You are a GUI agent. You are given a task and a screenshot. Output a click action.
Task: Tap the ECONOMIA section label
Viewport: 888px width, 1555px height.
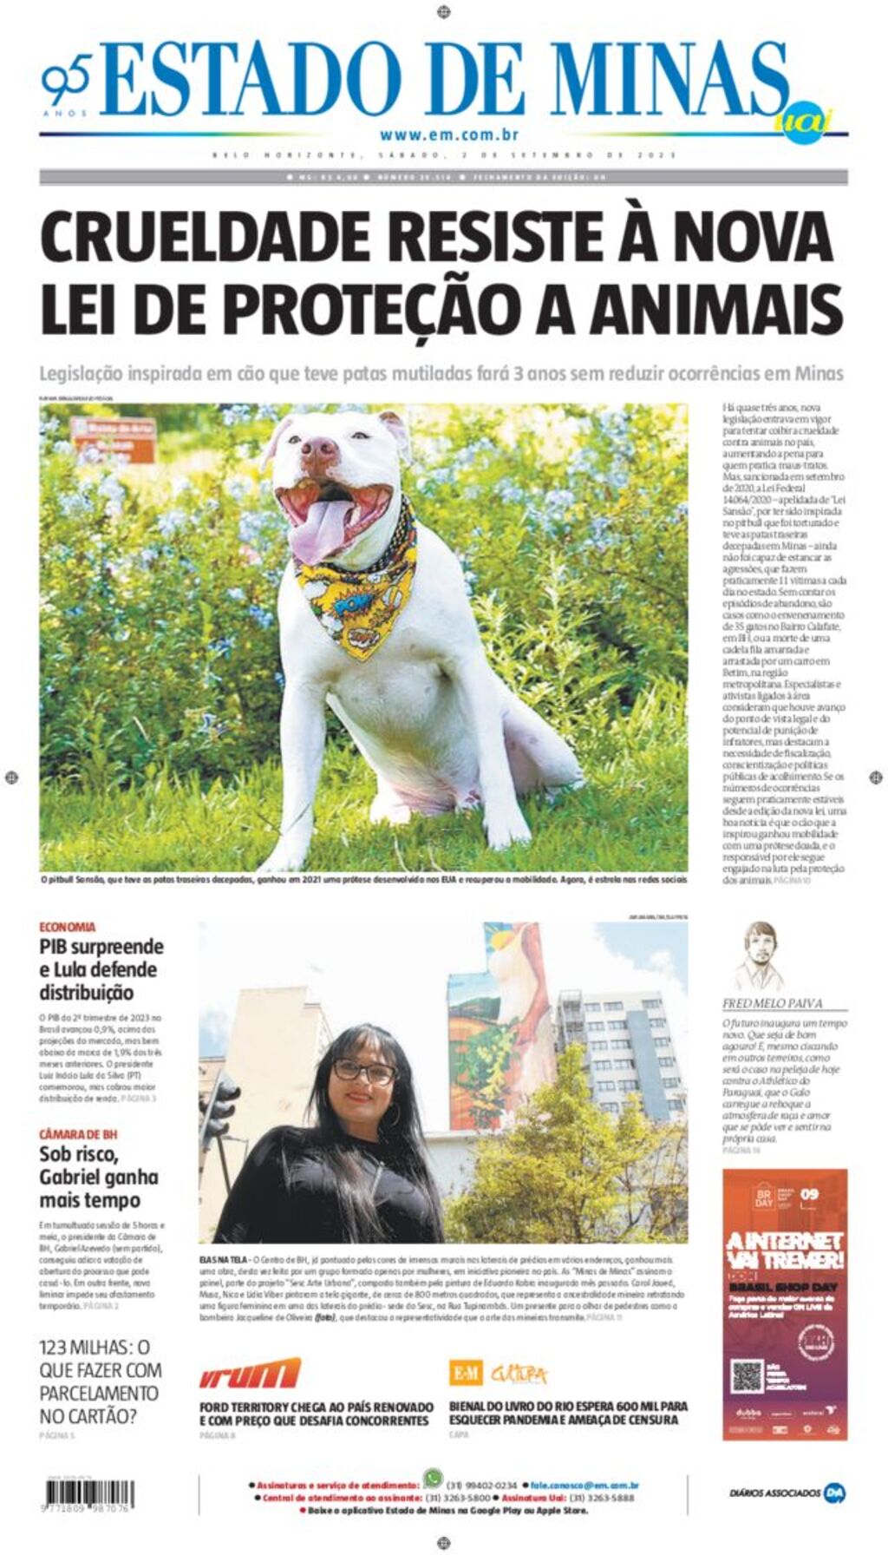[x=68, y=927]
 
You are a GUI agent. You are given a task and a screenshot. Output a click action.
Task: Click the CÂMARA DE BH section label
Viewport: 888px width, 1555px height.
[x=78, y=1134]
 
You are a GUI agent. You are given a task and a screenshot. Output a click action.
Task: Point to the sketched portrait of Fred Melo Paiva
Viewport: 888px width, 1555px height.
[x=760, y=956]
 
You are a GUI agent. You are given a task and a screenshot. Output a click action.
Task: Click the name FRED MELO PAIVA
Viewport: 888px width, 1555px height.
[x=773, y=1003]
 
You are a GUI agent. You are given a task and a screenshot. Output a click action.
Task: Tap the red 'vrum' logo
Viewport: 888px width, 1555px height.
[x=250, y=1374]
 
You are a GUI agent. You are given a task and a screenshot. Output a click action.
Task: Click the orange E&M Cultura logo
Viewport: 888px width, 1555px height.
[x=498, y=1373]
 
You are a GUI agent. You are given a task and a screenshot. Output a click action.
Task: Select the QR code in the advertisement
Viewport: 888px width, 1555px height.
[x=747, y=1376]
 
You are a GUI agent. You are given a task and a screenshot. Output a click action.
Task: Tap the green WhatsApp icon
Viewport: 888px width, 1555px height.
[x=432, y=1478]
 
